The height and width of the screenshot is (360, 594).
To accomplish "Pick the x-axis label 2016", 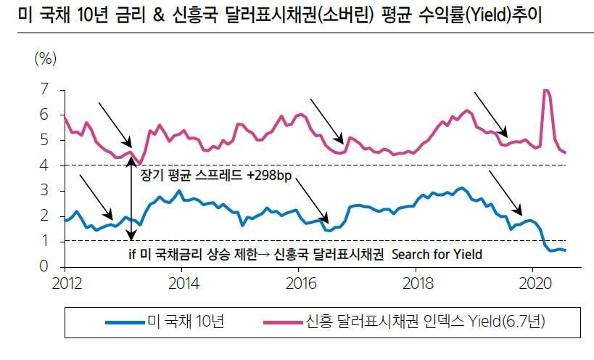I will pyautogui.click(x=299, y=282).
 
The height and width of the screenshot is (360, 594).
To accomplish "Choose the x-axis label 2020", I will pyautogui.click(x=534, y=282).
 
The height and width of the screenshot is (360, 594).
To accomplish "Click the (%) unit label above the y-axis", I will pyautogui.click(x=46, y=60).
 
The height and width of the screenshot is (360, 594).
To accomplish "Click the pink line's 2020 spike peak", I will pyautogui.click(x=545, y=91).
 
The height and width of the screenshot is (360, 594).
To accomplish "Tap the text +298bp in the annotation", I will pyautogui.click(x=268, y=177).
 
